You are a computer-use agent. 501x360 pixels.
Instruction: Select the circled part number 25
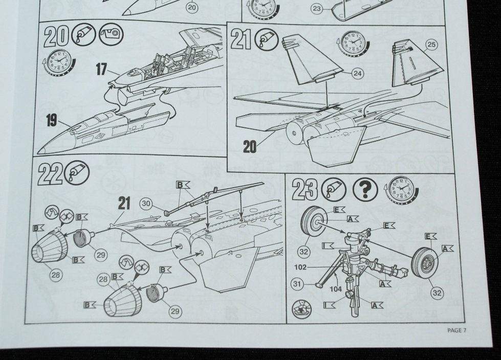click(x=431, y=46)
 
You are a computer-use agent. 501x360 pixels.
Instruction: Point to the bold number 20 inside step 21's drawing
click(x=251, y=147)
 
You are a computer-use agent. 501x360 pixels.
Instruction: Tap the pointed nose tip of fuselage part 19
click(x=41, y=153)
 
